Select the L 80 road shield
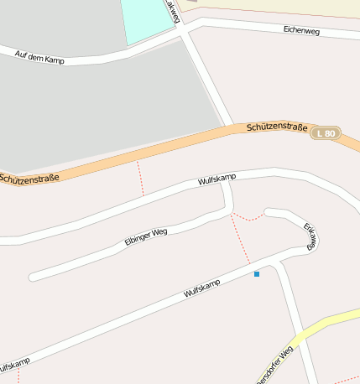326,133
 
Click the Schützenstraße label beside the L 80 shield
277,127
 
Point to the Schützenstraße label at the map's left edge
29,178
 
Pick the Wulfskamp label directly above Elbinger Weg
217,179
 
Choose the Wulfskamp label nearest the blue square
201,289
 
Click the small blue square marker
257,274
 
